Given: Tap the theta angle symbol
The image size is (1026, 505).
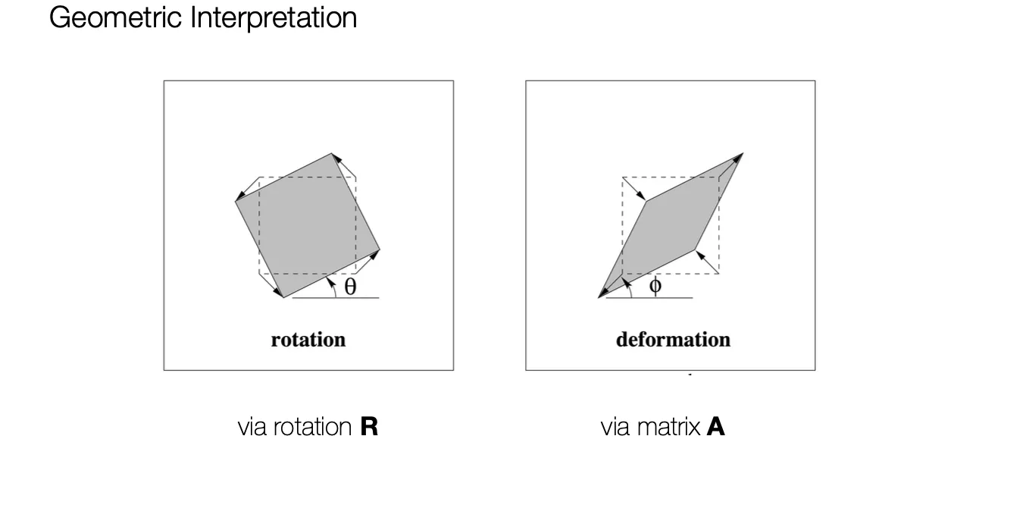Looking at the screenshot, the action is [x=350, y=287].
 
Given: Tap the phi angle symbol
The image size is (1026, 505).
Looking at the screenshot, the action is [x=655, y=286].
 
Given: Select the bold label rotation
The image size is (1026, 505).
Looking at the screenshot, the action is [x=308, y=339].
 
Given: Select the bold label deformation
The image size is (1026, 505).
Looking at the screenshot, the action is [x=673, y=339].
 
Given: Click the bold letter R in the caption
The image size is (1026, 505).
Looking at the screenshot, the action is [x=369, y=427].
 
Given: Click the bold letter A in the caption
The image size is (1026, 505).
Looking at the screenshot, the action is [x=715, y=427].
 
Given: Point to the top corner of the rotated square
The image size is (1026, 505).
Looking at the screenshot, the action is [x=331, y=154].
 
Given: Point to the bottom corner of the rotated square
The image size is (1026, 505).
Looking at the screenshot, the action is [x=283, y=297].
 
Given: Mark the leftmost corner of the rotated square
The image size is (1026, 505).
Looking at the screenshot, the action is [x=236, y=202].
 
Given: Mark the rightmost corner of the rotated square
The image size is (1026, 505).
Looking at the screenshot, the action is [x=379, y=249].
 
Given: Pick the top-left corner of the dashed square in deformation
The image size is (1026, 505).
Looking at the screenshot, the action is [x=623, y=177].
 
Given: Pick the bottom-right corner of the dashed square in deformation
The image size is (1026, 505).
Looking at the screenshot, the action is [x=718, y=273].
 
